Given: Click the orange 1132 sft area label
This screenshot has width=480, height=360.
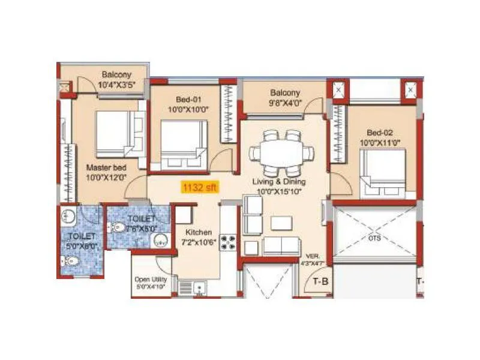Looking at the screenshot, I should [x=200, y=187].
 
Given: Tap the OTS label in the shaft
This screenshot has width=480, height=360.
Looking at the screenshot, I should [x=374, y=238].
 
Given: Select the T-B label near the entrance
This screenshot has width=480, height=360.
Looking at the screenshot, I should [x=318, y=281].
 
